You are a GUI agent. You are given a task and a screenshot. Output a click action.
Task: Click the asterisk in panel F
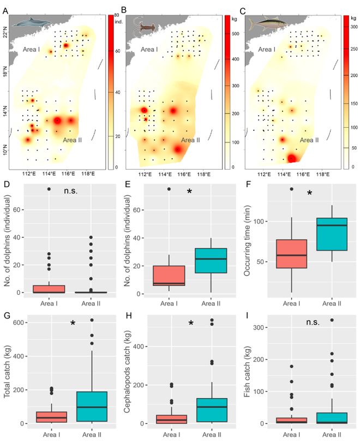click(309, 193)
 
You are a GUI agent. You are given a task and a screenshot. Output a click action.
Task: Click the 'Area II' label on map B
click(190, 140)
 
